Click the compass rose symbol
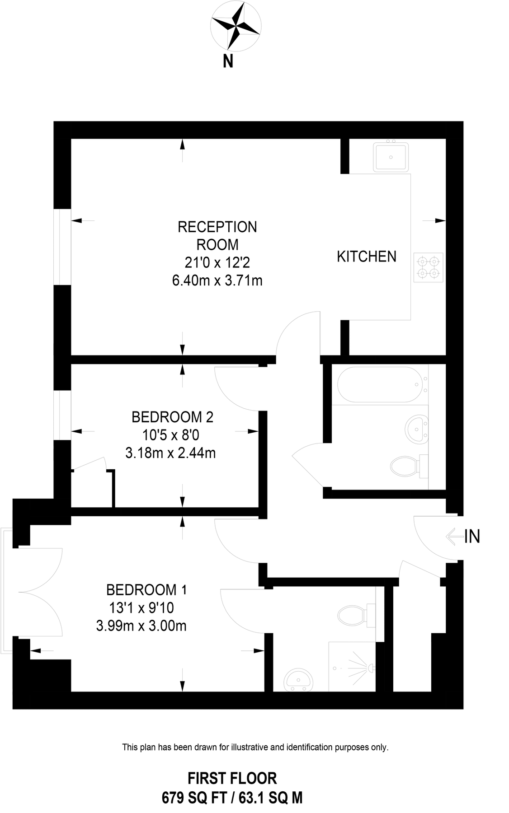click(236, 25)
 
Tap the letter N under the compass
click(228, 61)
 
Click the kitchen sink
click(391, 157)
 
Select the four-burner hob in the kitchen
click(428, 267)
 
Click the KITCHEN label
click(366, 257)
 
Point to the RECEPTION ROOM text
click(217, 235)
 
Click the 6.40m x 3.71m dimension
click(217, 280)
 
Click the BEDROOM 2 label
click(172, 417)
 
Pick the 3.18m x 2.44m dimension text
click(170, 453)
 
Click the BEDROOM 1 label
click(146, 590)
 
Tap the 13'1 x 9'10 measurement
click(141, 608)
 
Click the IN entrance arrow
click(454, 536)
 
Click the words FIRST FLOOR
click(232, 778)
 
